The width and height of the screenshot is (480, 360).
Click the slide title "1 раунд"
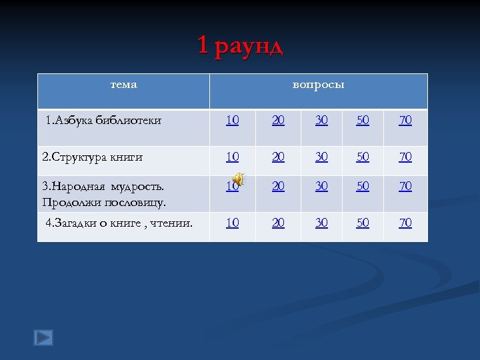click(x=240, y=46)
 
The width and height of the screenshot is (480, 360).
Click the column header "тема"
click(x=123, y=85)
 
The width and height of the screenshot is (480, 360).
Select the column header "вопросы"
click(x=319, y=85)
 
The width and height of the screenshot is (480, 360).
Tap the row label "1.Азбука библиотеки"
click(x=103, y=121)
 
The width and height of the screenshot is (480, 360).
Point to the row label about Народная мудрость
click(x=103, y=193)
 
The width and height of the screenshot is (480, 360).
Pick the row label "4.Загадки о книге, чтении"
click(x=119, y=223)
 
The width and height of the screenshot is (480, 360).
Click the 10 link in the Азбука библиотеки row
click(x=232, y=121)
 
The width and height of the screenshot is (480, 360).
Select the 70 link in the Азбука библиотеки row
click(x=405, y=121)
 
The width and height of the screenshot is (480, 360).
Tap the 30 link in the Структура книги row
click(x=321, y=157)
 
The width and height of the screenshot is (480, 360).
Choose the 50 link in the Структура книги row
click(x=363, y=157)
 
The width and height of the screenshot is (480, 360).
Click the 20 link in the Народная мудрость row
click(x=278, y=187)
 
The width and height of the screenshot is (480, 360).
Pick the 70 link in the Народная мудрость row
click(x=405, y=187)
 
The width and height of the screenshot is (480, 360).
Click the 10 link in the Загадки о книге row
click(x=232, y=223)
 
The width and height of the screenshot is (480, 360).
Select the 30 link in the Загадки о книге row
click(x=321, y=223)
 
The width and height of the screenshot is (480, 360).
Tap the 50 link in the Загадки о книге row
click(x=363, y=223)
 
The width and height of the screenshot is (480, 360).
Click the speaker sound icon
click(x=239, y=179)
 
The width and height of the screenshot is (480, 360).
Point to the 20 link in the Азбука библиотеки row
click(x=278, y=121)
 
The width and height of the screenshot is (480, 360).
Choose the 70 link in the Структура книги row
click(x=405, y=157)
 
